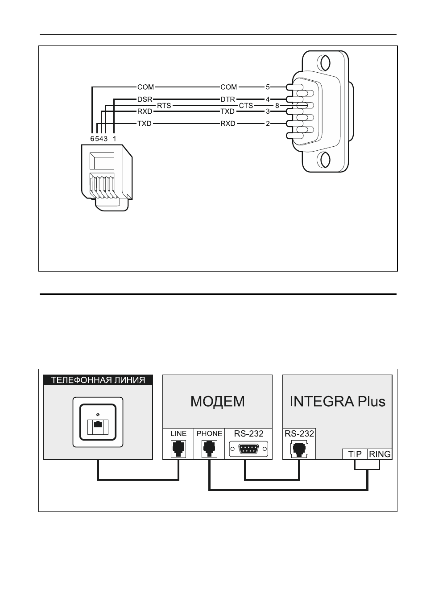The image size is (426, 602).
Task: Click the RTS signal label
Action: pyautogui.click(x=164, y=106)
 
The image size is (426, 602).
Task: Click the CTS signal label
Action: pyautogui.click(x=246, y=106)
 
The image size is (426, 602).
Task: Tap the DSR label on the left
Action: pyautogui.click(x=145, y=99)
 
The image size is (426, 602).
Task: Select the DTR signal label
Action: pyautogui.click(x=227, y=99)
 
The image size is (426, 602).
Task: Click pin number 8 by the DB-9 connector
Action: pyautogui.click(x=277, y=106)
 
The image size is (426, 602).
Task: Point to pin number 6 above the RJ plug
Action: pyautogui.click(x=92, y=139)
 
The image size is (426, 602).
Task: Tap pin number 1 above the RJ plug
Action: pyautogui.click(x=115, y=139)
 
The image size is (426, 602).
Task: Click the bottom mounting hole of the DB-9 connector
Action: pyautogui.click(x=325, y=160)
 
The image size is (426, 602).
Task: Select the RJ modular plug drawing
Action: pyautogui.click(x=107, y=177)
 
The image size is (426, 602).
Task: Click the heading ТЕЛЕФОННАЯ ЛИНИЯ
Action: pyautogui.click(x=98, y=380)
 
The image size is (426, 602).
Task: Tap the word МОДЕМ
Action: pyautogui.click(x=217, y=401)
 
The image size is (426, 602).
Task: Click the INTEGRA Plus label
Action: pyautogui.click(x=337, y=401)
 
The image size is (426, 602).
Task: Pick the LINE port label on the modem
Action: pyautogui.click(x=178, y=433)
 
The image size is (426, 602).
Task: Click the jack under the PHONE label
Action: pyautogui.click(x=209, y=449)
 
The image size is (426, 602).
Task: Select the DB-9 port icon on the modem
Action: pyautogui.click(x=248, y=449)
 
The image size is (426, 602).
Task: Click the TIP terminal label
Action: pyautogui.click(x=355, y=454)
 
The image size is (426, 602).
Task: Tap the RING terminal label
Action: pyautogui.click(x=380, y=454)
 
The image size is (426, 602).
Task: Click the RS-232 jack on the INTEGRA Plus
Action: pyautogui.click(x=299, y=449)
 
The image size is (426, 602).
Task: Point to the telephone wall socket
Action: pyautogui.click(x=98, y=422)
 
